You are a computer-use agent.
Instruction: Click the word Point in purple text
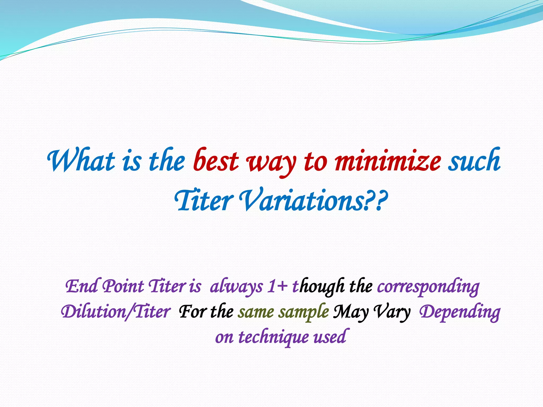(123, 286)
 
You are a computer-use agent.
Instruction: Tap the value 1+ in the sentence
(277, 286)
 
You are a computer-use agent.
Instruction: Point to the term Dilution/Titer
(116, 312)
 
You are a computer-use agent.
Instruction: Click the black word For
(192, 312)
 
